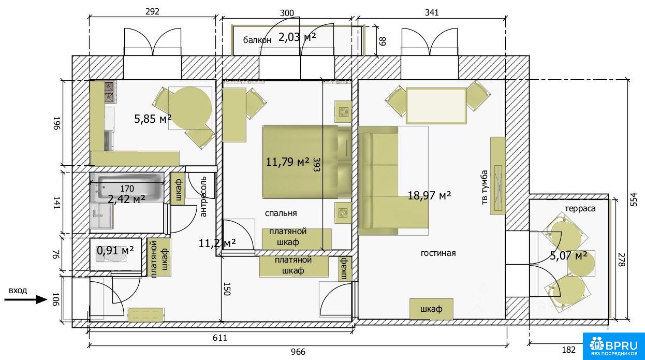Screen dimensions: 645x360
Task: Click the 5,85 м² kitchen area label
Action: [153, 119]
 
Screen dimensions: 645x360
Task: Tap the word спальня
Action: [281, 213]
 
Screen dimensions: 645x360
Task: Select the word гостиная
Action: [438, 253]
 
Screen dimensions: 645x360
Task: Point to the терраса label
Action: [580, 208]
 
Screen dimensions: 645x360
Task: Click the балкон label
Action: [257, 40]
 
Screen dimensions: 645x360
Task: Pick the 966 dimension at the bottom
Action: [298, 352]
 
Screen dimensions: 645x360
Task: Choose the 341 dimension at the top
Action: [432, 12]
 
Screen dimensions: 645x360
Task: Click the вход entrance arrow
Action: [26, 300]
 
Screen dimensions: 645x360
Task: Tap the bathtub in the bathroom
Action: [127, 186]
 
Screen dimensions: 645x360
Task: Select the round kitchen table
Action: [190, 108]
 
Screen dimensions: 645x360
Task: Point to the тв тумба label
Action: [485, 188]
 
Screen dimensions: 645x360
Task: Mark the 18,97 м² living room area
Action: [429, 196]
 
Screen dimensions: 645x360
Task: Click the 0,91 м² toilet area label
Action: [115, 251]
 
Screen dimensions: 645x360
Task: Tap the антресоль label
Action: [203, 196]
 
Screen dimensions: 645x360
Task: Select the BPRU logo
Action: [613, 346]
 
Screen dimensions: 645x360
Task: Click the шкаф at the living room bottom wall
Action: [431, 309]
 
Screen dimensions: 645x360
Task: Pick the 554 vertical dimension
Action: [634, 199]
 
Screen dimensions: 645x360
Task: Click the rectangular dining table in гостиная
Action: [436, 106]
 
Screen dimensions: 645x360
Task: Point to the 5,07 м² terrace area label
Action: [568, 255]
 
